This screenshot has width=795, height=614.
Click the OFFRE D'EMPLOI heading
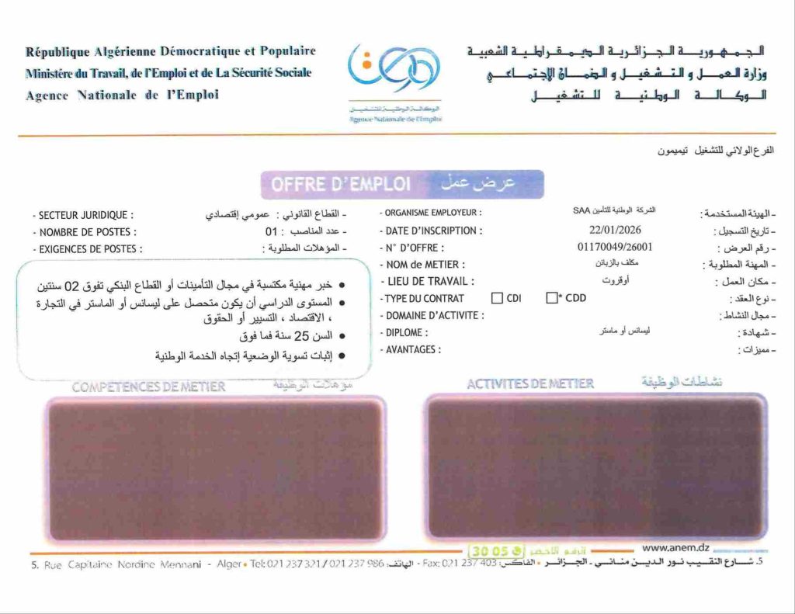[x=340, y=185]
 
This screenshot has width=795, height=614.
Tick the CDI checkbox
[x=497, y=298]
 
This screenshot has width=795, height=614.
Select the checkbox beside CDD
[x=552, y=298]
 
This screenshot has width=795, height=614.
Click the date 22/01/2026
[x=615, y=230]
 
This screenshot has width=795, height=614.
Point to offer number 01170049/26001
[x=615, y=248]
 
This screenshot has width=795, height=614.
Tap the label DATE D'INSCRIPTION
[x=433, y=231]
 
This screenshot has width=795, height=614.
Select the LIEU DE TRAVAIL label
[x=429, y=282]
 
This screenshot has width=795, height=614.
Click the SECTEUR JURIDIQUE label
[x=85, y=215]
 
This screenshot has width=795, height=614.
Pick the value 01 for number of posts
[x=271, y=231]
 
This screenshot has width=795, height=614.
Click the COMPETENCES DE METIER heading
[x=149, y=387]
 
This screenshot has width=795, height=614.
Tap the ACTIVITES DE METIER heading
[x=530, y=383]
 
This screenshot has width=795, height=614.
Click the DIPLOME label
[x=406, y=333]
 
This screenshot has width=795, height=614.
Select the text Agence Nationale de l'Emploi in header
[x=122, y=95]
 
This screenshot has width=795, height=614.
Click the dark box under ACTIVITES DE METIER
[x=595, y=467]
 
